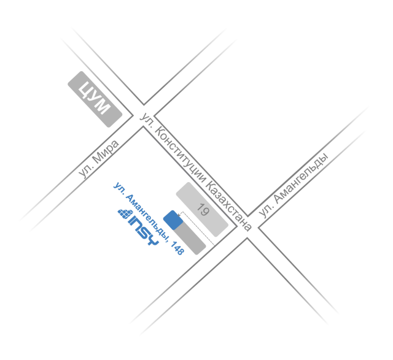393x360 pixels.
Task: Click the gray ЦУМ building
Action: point(95,99)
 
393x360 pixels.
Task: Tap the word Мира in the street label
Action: point(105,151)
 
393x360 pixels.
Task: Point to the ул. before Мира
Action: point(85,171)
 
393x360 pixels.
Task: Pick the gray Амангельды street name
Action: point(300,178)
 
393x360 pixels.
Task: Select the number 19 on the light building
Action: point(203,210)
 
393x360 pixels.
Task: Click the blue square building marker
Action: point(173,220)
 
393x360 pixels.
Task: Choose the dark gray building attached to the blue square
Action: point(190,237)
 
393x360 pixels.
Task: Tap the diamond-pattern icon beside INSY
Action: point(125,214)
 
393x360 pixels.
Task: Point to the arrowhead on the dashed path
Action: point(179,215)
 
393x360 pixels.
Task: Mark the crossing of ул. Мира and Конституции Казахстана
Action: point(143,116)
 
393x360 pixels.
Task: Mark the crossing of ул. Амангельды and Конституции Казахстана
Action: point(247,227)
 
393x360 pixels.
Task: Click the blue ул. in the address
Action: point(119,188)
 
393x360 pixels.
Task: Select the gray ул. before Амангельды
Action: point(265,211)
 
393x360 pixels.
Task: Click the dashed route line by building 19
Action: point(198,228)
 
